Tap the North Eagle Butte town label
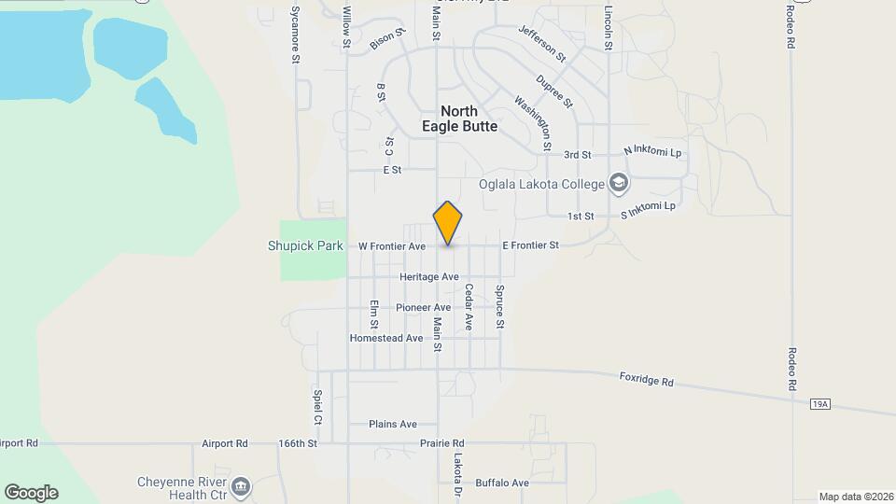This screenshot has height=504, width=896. [x=459, y=119]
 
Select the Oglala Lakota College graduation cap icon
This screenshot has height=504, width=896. [x=618, y=184]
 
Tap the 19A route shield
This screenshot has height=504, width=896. [x=819, y=404]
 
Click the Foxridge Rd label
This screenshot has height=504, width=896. [x=646, y=381]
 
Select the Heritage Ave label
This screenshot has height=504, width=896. [x=429, y=277]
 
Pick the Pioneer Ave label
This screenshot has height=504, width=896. [x=423, y=307]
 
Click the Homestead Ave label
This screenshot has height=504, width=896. [x=386, y=338]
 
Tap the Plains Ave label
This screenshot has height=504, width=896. [x=393, y=424]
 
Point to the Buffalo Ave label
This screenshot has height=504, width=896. [x=502, y=483]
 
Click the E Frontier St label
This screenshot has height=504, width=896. [x=530, y=245]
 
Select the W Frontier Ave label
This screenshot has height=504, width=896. [x=392, y=246]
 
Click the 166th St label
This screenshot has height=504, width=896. [x=299, y=443]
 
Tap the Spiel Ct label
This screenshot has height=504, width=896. [x=317, y=407]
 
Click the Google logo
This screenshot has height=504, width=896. [x=31, y=493]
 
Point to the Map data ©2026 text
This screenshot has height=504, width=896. [x=855, y=497]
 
